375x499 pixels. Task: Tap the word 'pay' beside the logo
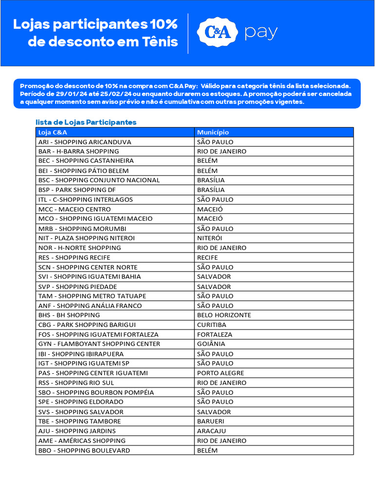tap(261, 33)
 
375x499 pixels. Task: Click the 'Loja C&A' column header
tap(53, 132)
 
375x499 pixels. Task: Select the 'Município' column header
tap(213, 132)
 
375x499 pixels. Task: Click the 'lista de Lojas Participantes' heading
tap(86, 122)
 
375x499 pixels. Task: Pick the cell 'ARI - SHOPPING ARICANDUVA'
tap(85, 142)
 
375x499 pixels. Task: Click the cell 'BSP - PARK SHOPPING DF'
tap(77, 190)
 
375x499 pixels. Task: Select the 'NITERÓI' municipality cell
tap(209, 238)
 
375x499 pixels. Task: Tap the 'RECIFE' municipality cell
tap(208, 257)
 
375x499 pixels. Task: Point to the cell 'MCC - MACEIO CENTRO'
tap(75, 209)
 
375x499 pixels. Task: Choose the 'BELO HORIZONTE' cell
tap(224, 315)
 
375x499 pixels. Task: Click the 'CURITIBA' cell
tap(212, 325)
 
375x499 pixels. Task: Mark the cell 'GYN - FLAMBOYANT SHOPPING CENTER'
tap(99, 344)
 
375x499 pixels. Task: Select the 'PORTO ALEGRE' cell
tap(221, 373)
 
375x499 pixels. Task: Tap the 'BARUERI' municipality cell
tap(211, 421)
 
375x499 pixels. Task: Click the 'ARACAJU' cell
tap(212, 431)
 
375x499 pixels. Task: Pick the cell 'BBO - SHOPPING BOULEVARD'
tap(84, 450)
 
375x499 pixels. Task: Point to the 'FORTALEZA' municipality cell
tap(215, 334)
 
